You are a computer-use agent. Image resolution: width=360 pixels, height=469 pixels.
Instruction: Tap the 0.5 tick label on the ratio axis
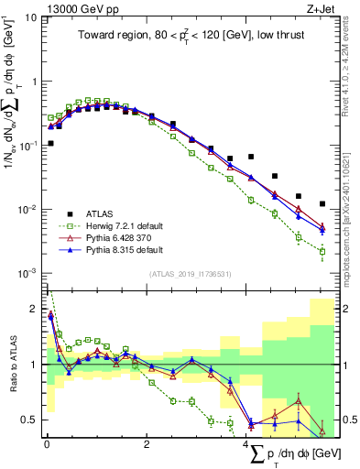(29, 420)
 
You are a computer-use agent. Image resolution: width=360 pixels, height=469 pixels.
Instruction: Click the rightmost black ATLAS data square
(322, 204)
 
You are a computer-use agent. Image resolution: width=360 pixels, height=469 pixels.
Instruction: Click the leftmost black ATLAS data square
(50, 144)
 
